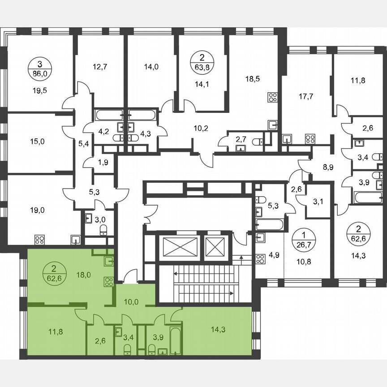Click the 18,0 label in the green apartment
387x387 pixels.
[x=84, y=275]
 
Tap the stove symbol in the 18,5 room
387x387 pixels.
[x=273, y=98]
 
